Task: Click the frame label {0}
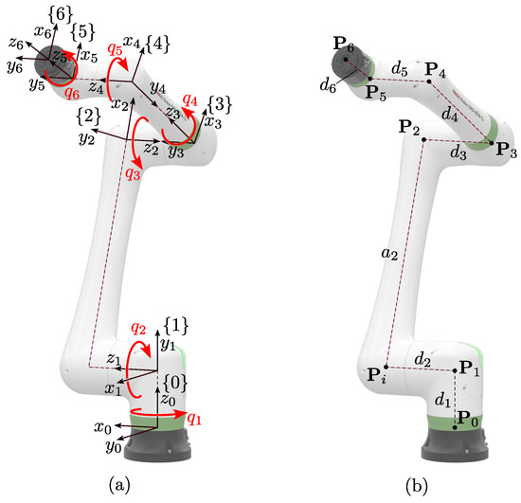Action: pyautogui.click(x=174, y=382)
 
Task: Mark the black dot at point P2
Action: pyautogui.click(x=422, y=140)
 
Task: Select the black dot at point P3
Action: pyautogui.click(x=492, y=143)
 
